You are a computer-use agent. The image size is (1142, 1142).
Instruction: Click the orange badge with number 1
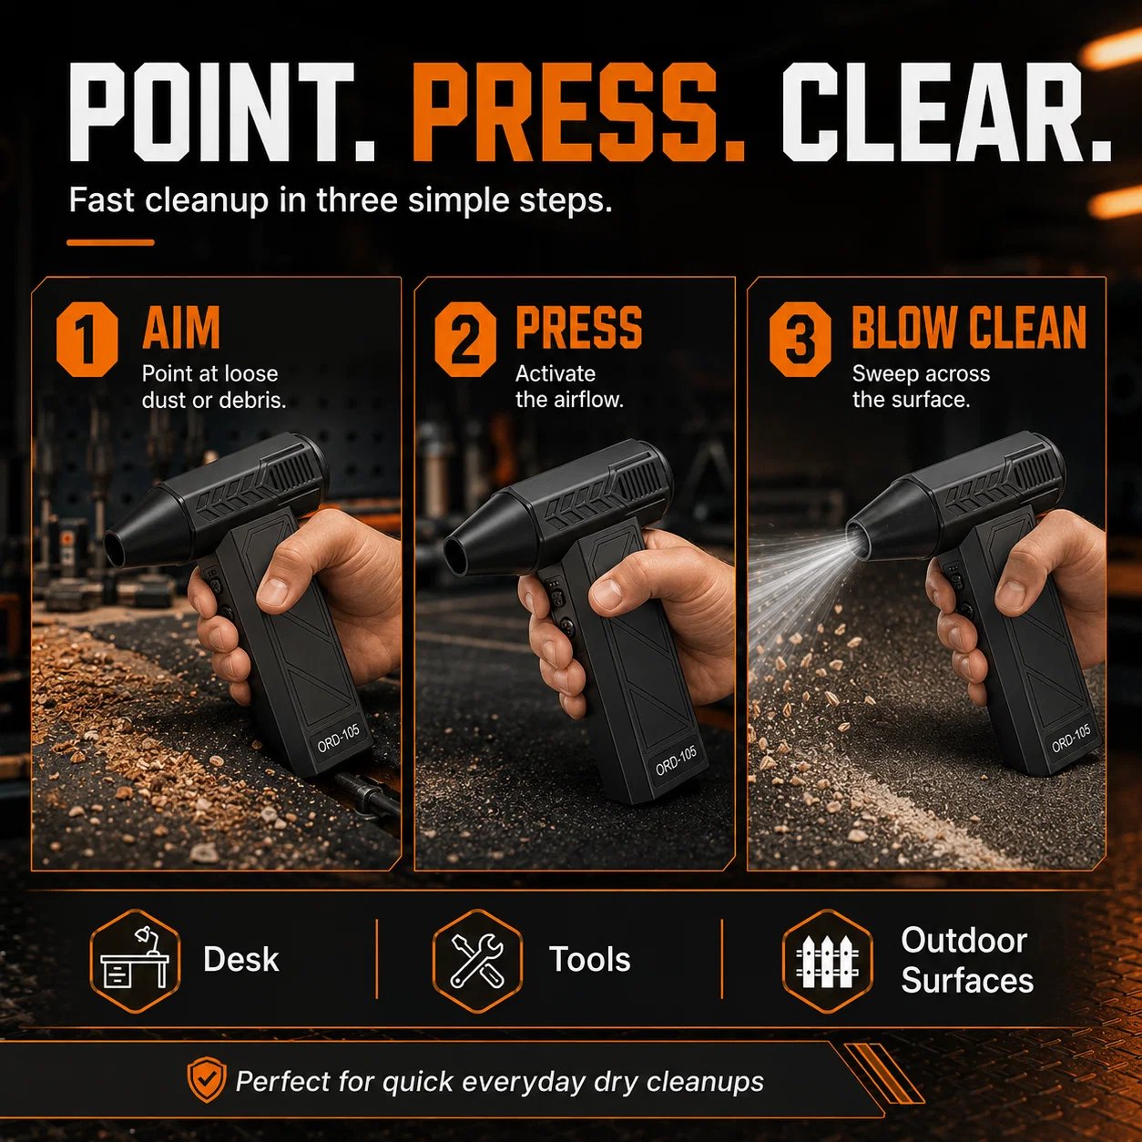(x=87, y=339)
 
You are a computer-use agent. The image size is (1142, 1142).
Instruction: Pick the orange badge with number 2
(x=465, y=339)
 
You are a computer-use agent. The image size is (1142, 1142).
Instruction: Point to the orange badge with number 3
(x=800, y=339)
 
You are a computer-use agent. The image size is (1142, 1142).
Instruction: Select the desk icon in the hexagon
(x=135, y=960)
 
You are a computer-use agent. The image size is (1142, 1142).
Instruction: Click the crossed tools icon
(x=477, y=960)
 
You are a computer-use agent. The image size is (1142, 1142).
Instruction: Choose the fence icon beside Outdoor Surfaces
(x=827, y=960)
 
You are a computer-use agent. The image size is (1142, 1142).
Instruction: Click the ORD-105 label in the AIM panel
(x=339, y=739)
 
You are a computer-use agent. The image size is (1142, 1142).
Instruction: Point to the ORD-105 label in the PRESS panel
(x=677, y=761)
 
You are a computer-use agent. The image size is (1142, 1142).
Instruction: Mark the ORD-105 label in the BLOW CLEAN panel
(x=1072, y=739)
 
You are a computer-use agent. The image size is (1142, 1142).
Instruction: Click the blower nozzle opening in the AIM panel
(x=115, y=549)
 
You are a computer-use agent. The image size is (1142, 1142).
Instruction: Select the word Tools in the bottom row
(x=589, y=960)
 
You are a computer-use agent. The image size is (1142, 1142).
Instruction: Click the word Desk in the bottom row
(x=240, y=960)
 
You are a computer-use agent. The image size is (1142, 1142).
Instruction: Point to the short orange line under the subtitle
(x=110, y=242)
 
